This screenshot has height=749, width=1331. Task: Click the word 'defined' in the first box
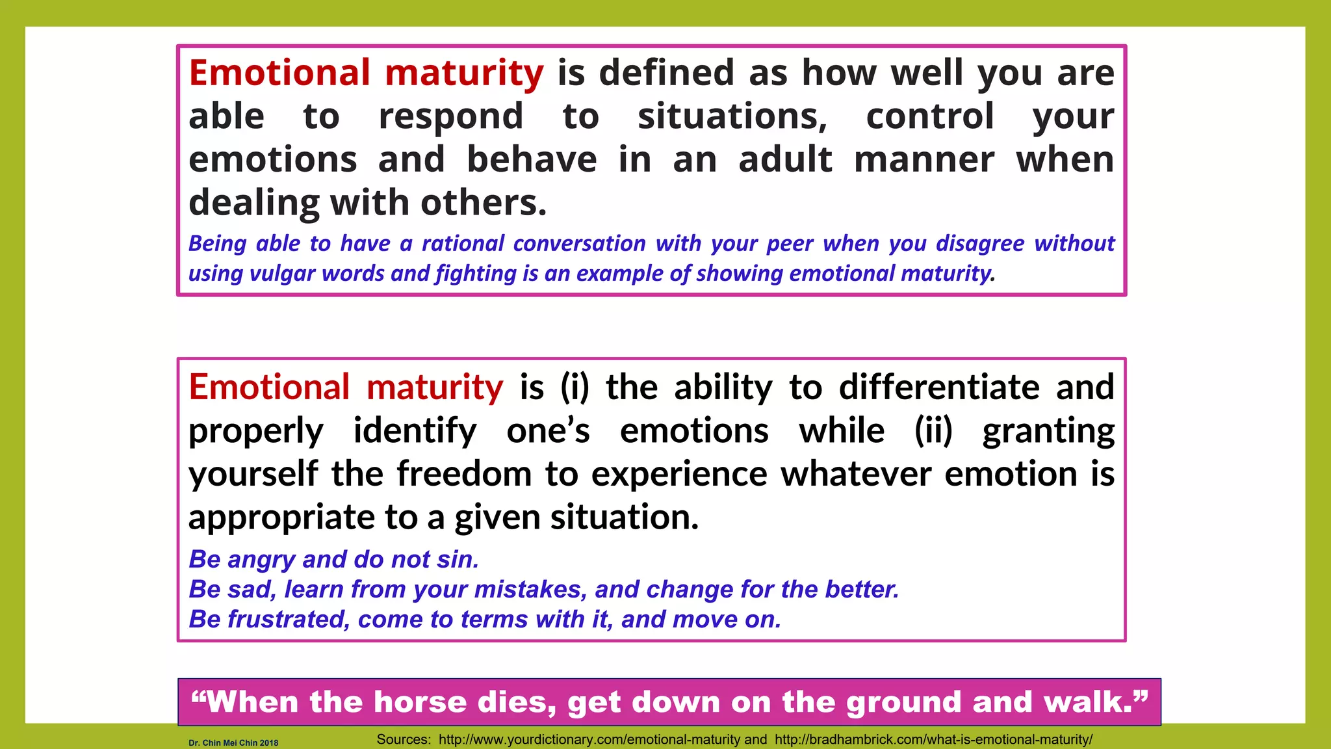[666, 73]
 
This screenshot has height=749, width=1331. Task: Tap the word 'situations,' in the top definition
[732, 117]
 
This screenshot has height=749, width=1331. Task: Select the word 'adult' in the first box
[785, 160]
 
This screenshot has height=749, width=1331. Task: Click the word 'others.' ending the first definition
[484, 203]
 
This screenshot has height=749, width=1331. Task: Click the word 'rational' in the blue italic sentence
[463, 244]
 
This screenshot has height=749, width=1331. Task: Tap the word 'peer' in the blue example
[790, 244]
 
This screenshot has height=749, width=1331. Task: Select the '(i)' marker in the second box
[575, 388]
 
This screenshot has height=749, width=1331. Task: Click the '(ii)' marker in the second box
[933, 431]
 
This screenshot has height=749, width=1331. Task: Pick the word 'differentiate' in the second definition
[939, 388]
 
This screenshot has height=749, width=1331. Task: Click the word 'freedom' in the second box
[464, 474]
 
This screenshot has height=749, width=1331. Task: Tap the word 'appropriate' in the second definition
[281, 518]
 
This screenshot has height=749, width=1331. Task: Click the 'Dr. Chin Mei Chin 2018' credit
[233, 742]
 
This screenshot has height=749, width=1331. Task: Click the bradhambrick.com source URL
[933, 740]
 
